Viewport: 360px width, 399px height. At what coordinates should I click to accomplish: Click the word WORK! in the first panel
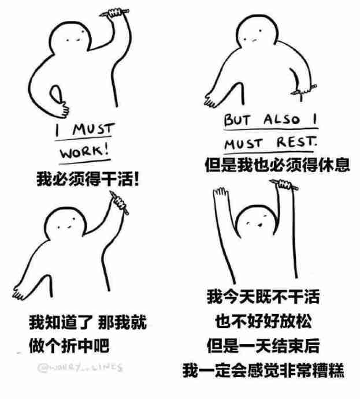(x=84, y=152)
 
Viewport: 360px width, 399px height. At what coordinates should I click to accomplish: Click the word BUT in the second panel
(x=237, y=121)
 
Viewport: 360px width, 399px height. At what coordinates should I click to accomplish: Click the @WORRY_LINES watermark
(x=80, y=367)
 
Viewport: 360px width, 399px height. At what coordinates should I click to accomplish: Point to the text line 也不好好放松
(x=263, y=321)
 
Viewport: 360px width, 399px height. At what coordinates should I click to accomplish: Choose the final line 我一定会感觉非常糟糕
(x=263, y=370)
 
